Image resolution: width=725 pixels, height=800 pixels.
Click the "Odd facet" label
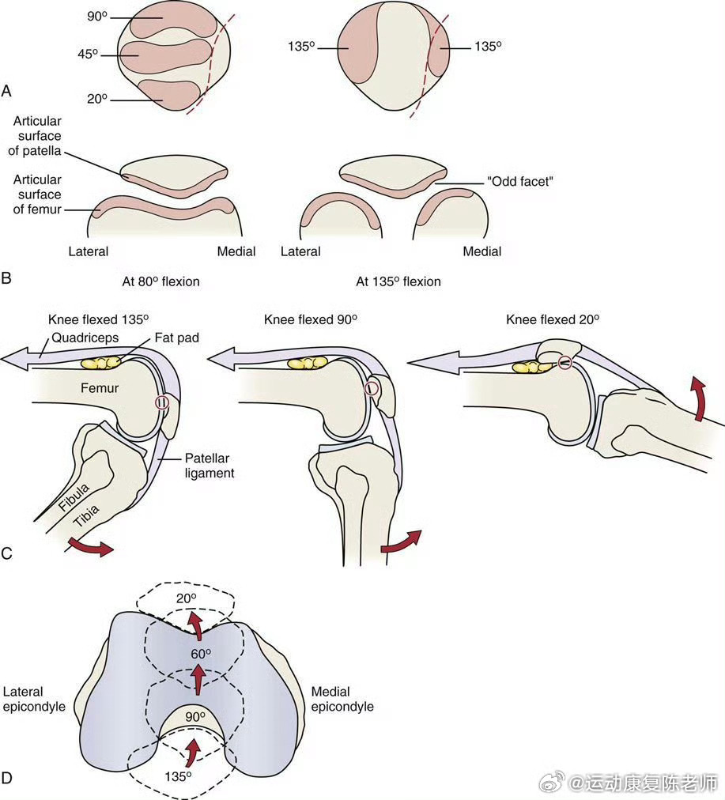[x=520, y=182]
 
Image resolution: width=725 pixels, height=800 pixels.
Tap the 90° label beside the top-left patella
[x=97, y=17]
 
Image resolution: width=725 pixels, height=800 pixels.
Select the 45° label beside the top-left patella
[x=88, y=54]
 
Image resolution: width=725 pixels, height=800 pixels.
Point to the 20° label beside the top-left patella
[x=97, y=99]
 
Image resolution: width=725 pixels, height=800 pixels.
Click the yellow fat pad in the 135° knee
[x=101, y=362]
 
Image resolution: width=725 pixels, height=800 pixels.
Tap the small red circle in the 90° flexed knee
[x=372, y=389]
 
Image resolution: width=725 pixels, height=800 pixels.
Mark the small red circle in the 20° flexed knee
[x=565, y=363]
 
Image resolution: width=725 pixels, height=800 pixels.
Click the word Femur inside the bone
[x=100, y=388]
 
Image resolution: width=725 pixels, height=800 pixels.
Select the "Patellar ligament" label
[x=210, y=466]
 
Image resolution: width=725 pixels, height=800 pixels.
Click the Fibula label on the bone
[x=74, y=497]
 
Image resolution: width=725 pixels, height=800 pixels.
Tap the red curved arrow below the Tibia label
[x=90, y=546]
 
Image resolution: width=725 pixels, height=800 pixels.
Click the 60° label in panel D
[x=201, y=654]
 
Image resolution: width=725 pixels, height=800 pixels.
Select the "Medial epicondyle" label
[x=342, y=699]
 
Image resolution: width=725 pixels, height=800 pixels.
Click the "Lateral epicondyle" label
[x=34, y=699]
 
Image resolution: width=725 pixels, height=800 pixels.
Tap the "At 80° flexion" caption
[x=160, y=281]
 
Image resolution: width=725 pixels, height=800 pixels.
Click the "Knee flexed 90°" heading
[x=310, y=320]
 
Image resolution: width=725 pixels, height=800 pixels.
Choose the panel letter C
[x=6, y=553]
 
